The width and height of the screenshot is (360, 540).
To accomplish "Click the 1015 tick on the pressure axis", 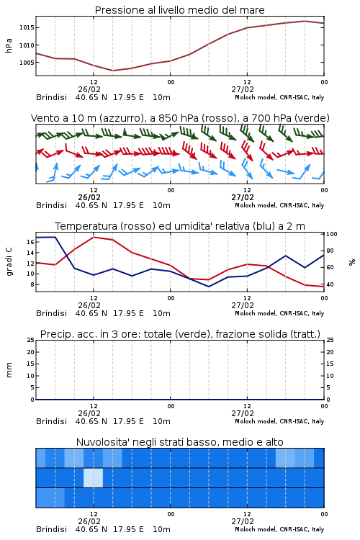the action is click(x=27, y=27).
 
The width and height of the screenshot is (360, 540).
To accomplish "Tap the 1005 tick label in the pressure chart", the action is click(x=27, y=63).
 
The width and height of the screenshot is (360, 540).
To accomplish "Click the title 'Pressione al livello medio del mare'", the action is click(x=180, y=10).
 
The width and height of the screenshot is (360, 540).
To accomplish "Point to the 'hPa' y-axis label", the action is click(x=9, y=45).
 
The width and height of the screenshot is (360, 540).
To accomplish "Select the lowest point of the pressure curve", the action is click(x=112, y=71).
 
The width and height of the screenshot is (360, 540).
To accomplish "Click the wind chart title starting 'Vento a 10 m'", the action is click(x=180, y=118).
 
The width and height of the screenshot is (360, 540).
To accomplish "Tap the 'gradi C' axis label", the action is click(x=9, y=262).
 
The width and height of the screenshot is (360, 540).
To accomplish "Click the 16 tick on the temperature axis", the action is click(x=30, y=242).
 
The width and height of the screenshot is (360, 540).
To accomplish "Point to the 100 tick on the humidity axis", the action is click(x=332, y=234).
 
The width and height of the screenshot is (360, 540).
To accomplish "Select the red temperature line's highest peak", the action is click(x=94, y=237).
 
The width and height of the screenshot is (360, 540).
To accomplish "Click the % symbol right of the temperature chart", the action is click(x=352, y=262).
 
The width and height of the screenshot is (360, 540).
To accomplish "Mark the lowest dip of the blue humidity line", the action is click(x=208, y=287).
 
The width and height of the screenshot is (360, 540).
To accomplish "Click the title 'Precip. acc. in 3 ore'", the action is click(x=180, y=334).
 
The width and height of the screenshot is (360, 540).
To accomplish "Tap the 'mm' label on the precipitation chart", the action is click(x=9, y=370).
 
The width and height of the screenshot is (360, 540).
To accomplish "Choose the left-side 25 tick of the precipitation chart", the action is click(x=31, y=340).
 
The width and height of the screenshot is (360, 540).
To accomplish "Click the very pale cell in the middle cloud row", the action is click(x=93, y=477).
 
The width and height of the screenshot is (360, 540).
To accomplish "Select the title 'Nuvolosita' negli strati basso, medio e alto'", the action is click(x=180, y=442).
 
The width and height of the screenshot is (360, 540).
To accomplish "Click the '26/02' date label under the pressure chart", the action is click(x=89, y=89).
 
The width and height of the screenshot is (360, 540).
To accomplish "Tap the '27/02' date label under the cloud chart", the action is click(x=243, y=521).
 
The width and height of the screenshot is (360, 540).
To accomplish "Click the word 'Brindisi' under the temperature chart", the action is click(x=51, y=313).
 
